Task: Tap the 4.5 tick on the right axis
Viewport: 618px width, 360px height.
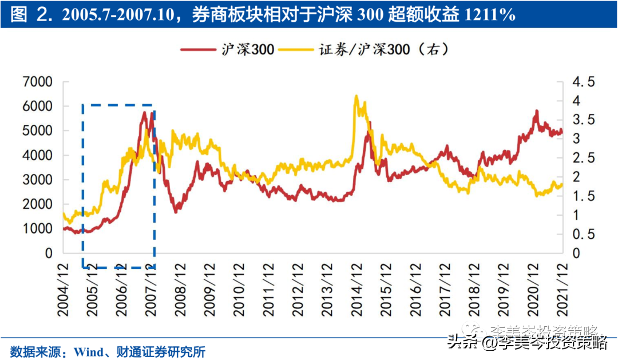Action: point(584,82)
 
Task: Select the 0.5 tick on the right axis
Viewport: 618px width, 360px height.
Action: point(584,234)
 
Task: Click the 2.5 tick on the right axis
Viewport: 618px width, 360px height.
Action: point(584,158)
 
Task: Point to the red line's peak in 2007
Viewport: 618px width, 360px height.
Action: point(145,112)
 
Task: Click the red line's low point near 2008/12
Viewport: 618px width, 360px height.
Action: point(176,212)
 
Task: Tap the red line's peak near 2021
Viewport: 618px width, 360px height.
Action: point(537,110)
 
